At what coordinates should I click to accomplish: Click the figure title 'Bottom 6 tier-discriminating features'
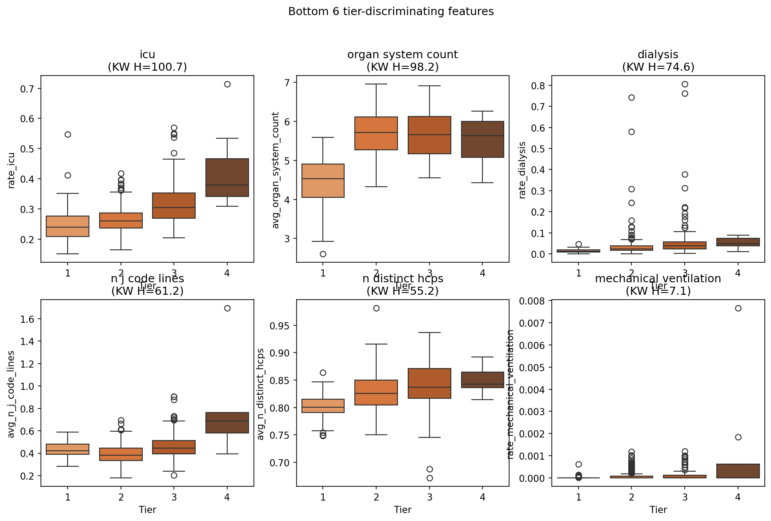click(x=391, y=12)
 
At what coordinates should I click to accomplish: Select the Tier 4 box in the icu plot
click(x=227, y=177)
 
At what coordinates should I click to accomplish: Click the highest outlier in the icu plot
click(x=227, y=84)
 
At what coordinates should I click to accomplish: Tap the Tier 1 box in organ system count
click(x=323, y=180)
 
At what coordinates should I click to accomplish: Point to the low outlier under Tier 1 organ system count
click(x=323, y=254)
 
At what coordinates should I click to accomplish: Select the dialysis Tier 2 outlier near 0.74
click(x=631, y=97)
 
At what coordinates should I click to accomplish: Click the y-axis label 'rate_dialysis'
click(x=523, y=170)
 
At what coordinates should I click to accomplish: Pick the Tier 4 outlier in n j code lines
click(x=227, y=308)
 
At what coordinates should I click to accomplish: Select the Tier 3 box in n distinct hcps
click(x=430, y=383)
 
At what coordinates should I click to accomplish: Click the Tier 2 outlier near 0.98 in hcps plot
click(x=376, y=308)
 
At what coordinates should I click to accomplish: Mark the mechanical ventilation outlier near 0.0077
click(x=738, y=308)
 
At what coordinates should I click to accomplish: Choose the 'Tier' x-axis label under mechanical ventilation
click(x=658, y=510)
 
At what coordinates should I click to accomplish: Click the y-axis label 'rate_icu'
click(x=12, y=170)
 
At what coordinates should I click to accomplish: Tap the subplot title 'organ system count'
click(x=402, y=55)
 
